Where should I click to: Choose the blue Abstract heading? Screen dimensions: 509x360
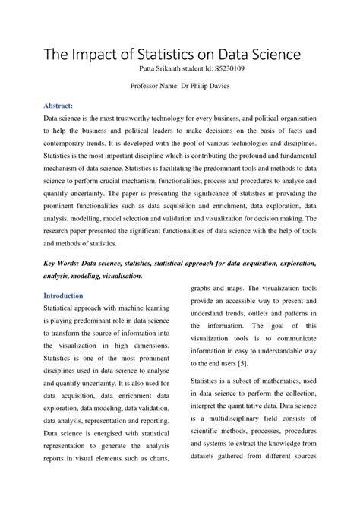[58, 106]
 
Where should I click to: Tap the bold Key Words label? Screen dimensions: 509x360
[65, 263]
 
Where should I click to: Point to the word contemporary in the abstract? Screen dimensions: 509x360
[66, 144]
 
